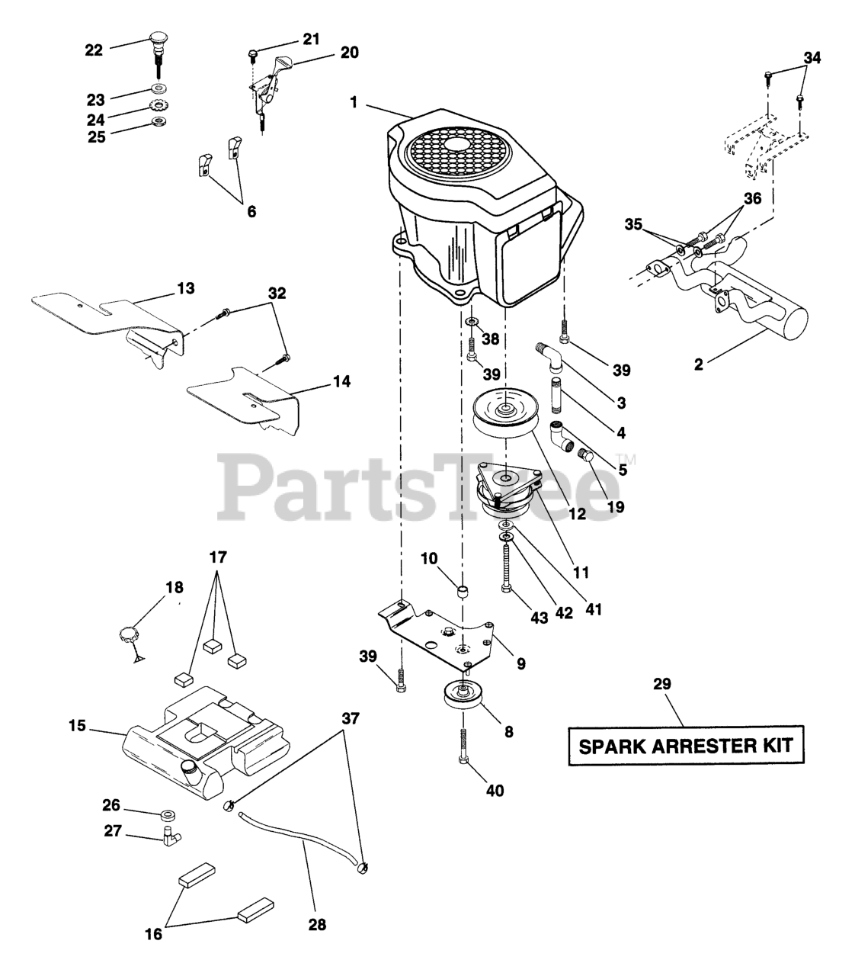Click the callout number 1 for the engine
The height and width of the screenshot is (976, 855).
pos(353,101)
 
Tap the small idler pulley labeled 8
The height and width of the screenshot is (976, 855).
pos(460,696)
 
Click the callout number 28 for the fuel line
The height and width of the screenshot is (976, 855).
pos(317,924)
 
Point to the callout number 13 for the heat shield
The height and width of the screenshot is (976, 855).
pos(185,289)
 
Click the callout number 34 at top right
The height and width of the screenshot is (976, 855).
pos(812,58)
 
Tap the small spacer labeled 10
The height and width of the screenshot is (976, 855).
pos(463,591)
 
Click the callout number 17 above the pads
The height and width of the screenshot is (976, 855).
pos(218,557)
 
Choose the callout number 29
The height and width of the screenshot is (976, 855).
pos(661,684)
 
